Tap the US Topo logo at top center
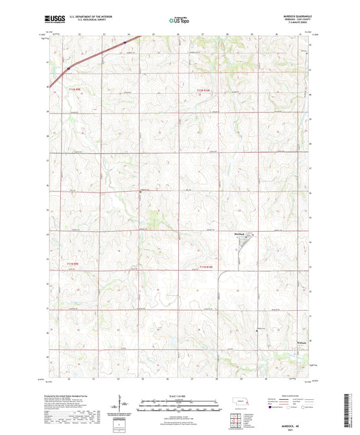point(178,20)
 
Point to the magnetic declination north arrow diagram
point(126,405)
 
